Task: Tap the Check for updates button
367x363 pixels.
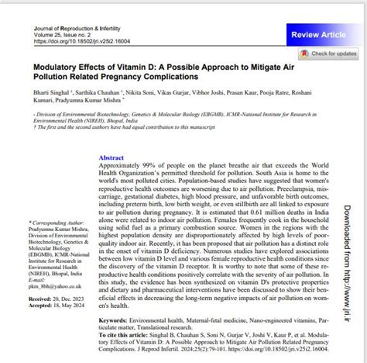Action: point(330,54)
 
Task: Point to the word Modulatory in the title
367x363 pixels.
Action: point(58,67)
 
